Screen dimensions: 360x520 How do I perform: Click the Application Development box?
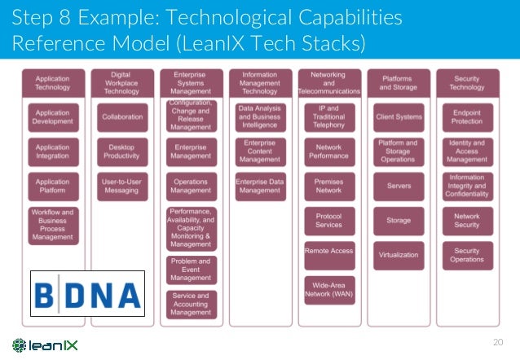53,116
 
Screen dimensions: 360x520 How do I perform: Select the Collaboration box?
122,116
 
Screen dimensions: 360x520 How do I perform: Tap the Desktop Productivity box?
122,151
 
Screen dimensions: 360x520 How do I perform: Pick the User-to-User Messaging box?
122,186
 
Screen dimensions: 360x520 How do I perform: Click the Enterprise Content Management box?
260,151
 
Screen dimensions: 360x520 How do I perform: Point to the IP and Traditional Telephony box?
328,116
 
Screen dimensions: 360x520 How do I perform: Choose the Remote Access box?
328,251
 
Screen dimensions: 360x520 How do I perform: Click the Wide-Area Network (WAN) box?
328,289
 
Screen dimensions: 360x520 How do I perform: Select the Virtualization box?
399,255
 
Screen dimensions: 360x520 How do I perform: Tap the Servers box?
399,186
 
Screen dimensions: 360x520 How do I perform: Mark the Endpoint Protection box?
467,116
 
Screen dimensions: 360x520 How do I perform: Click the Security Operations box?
467,255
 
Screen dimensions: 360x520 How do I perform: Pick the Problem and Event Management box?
191,270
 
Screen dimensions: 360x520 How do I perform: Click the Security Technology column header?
467,83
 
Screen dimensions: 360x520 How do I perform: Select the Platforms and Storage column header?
399,83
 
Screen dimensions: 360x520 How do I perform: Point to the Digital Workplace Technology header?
122,83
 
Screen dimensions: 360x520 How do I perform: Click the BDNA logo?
87,292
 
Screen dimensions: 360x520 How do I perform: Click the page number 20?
500,342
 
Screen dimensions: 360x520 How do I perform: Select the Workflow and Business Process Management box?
53,226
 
